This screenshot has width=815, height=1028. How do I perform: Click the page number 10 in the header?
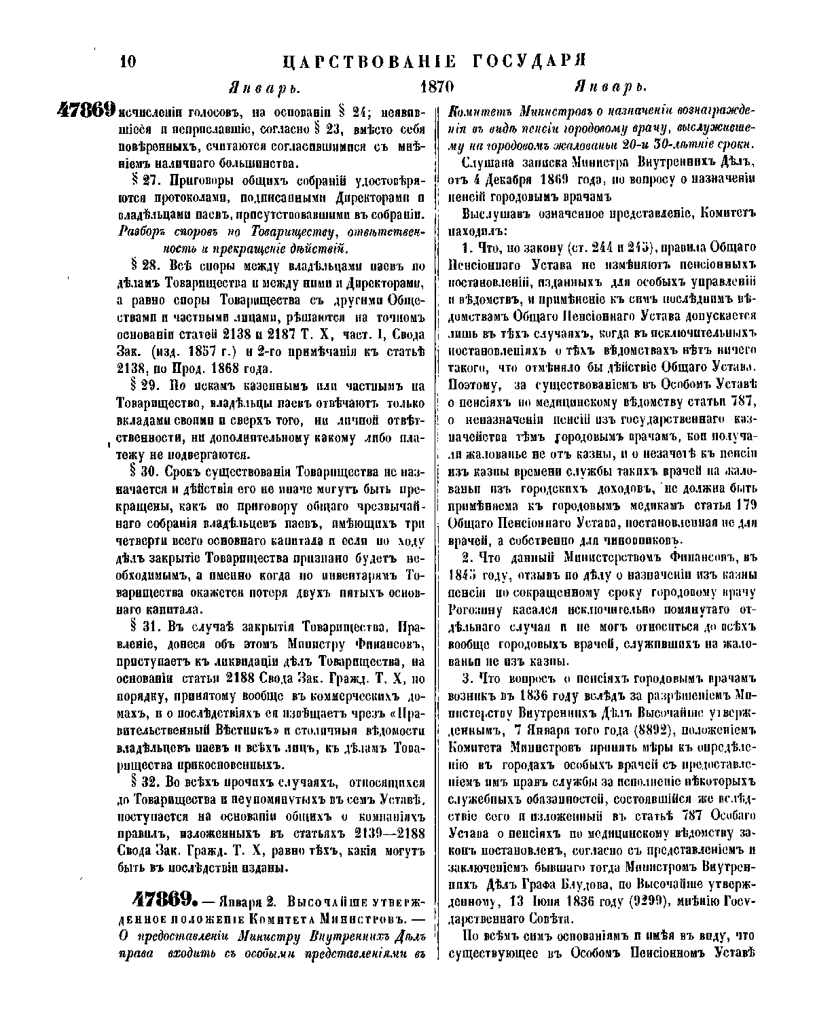tap(128, 62)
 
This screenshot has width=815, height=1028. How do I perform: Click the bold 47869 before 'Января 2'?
tap(160, 900)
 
